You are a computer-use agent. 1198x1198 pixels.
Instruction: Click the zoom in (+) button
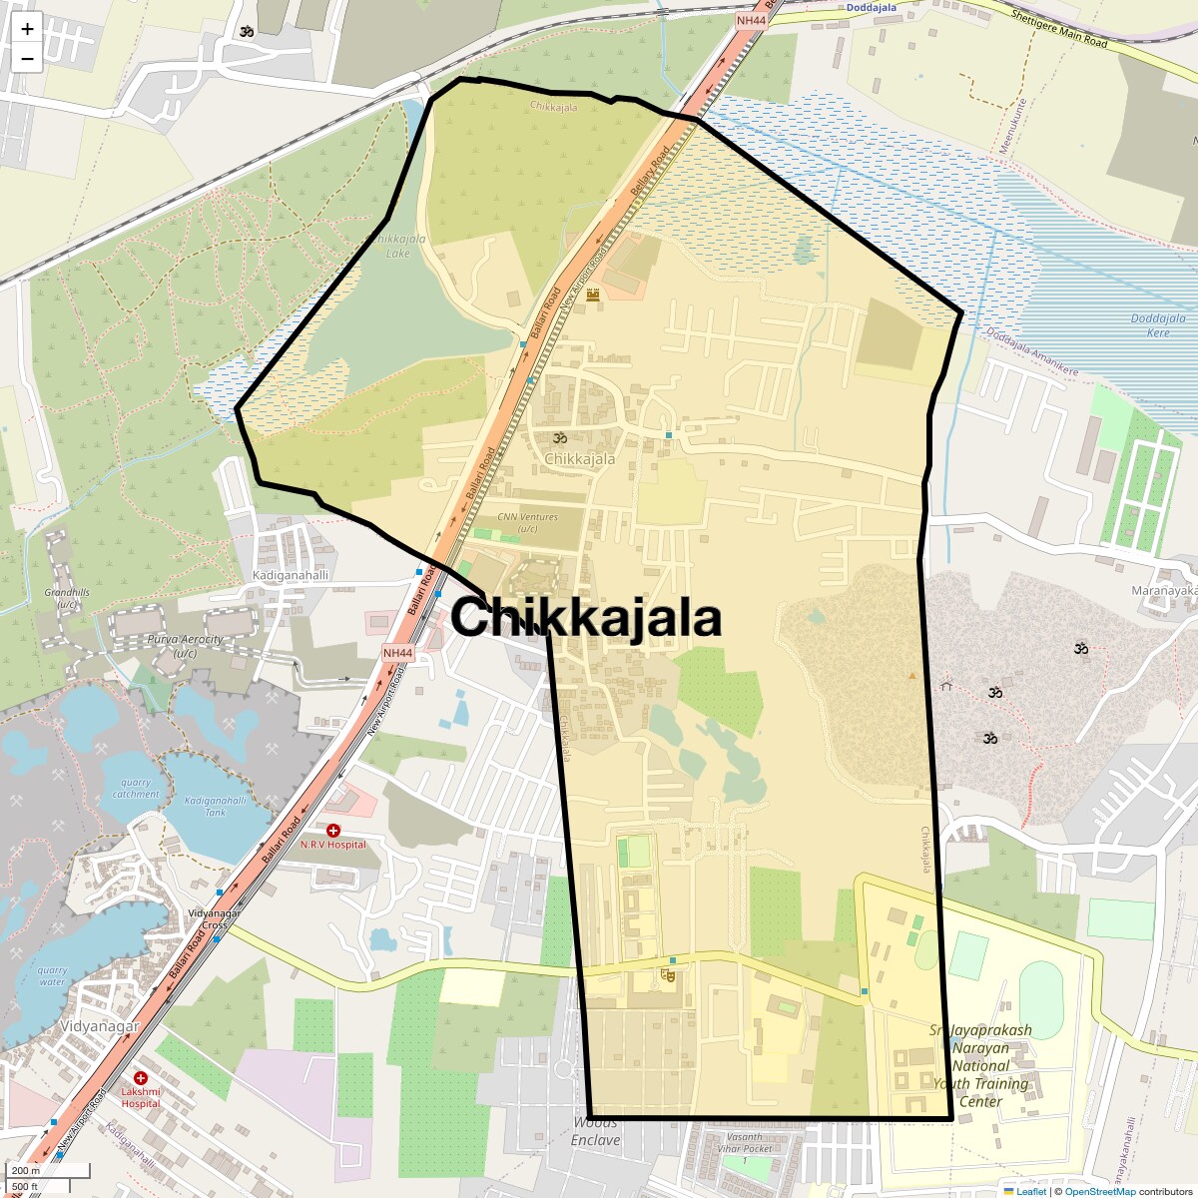[27, 29]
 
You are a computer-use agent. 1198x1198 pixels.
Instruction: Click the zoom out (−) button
[27, 59]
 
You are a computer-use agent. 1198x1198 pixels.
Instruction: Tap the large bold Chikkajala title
[586, 618]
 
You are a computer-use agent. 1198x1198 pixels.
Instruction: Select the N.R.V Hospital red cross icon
[333, 831]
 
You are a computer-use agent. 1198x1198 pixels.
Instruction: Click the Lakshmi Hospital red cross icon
[141, 1078]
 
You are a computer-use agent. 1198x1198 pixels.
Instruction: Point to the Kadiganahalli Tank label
[215, 807]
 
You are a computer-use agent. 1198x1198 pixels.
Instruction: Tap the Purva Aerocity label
[185, 646]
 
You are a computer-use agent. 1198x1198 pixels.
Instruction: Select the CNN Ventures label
[528, 522]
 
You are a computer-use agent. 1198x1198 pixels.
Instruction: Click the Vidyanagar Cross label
[215, 919]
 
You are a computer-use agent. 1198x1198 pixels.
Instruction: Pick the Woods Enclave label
[596, 1132]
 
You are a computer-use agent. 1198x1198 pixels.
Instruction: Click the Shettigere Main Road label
[1059, 30]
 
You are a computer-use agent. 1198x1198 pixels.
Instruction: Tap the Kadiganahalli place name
[291, 576]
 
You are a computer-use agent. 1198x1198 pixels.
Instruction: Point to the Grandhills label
[67, 598]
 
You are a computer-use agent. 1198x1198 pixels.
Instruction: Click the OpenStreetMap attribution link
[1101, 1191]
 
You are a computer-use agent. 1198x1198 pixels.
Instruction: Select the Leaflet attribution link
[1031, 1191]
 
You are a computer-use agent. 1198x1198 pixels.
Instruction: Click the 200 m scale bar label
[26, 1170]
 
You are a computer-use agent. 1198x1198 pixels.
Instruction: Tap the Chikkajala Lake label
[398, 246]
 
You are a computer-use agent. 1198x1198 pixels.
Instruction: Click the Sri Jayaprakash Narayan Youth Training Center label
[980, 1066]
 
